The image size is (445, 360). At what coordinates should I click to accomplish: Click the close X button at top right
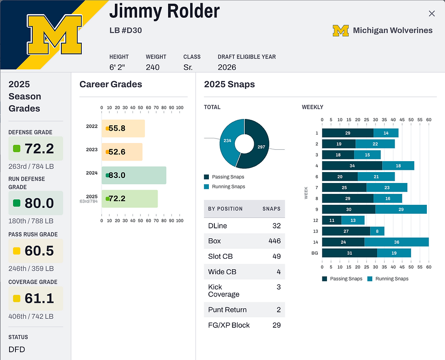coord(431,14)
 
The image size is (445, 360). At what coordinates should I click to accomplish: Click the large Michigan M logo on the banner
coord(54,35)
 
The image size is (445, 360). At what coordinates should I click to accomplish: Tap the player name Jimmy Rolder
coord(164,11)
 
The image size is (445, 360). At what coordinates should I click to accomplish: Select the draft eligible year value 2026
coord(227,67)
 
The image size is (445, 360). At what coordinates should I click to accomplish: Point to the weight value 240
coord(153,67)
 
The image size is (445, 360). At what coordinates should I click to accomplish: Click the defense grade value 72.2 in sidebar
coord(39,148)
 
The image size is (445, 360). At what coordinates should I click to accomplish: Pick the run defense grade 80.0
coord(39,203)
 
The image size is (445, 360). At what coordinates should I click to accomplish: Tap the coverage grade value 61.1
coord(39,298)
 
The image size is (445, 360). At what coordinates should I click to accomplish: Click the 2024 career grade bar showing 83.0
coord(134,175)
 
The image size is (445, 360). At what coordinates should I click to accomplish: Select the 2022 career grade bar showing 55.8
coord(123,128)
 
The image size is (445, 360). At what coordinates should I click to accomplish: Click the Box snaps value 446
coord(274,241)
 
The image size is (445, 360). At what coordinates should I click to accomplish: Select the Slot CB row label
coord(220,256)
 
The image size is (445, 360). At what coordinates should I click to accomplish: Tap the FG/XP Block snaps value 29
coord(276,325)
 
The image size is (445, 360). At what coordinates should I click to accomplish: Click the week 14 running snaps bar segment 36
coord(396,242)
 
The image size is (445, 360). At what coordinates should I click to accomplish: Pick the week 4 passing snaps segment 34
coord(352,166)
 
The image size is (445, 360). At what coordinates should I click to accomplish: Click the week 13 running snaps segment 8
coord(377,231)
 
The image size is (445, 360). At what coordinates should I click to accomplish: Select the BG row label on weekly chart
coord(314,253)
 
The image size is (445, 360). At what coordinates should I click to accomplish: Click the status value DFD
coord(17,350)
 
